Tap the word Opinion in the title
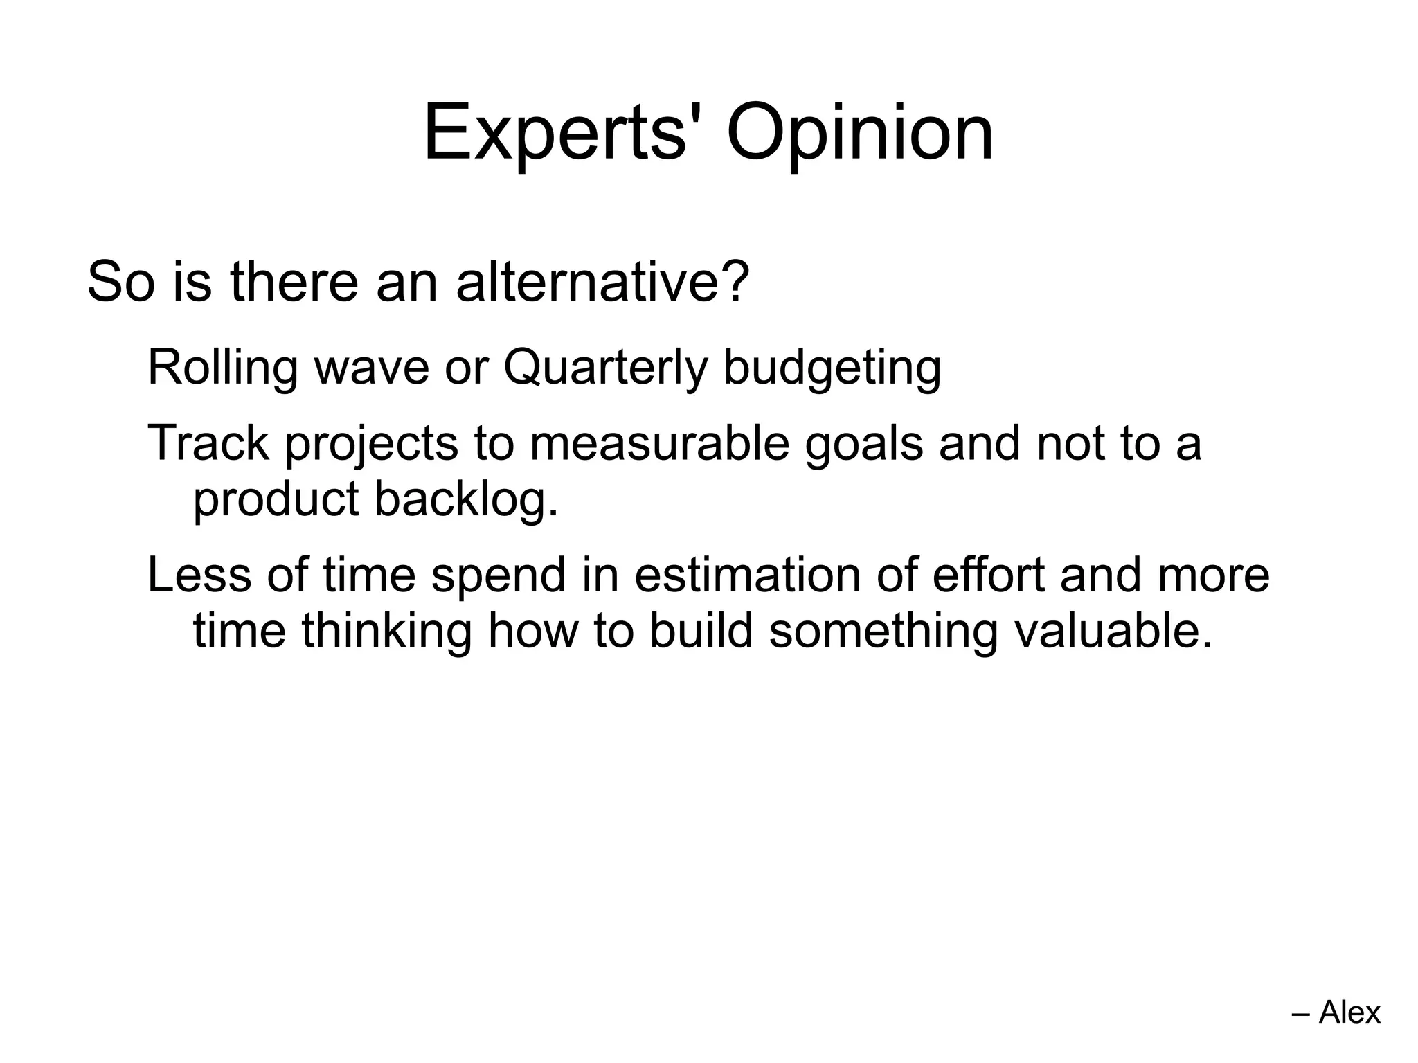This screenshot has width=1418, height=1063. click(x=859, y=133)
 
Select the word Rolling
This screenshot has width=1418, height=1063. click(x=222, y=367)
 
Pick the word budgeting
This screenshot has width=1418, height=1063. click(x=832, y=367)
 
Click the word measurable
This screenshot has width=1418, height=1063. click(x=659, y=443)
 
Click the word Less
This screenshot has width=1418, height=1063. click(x=199, y=575)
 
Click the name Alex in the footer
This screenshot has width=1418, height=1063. click(x=1349, y=1012)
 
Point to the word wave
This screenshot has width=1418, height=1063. click(x=372, y=367)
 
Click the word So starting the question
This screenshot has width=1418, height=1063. click(x=120, y=282)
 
